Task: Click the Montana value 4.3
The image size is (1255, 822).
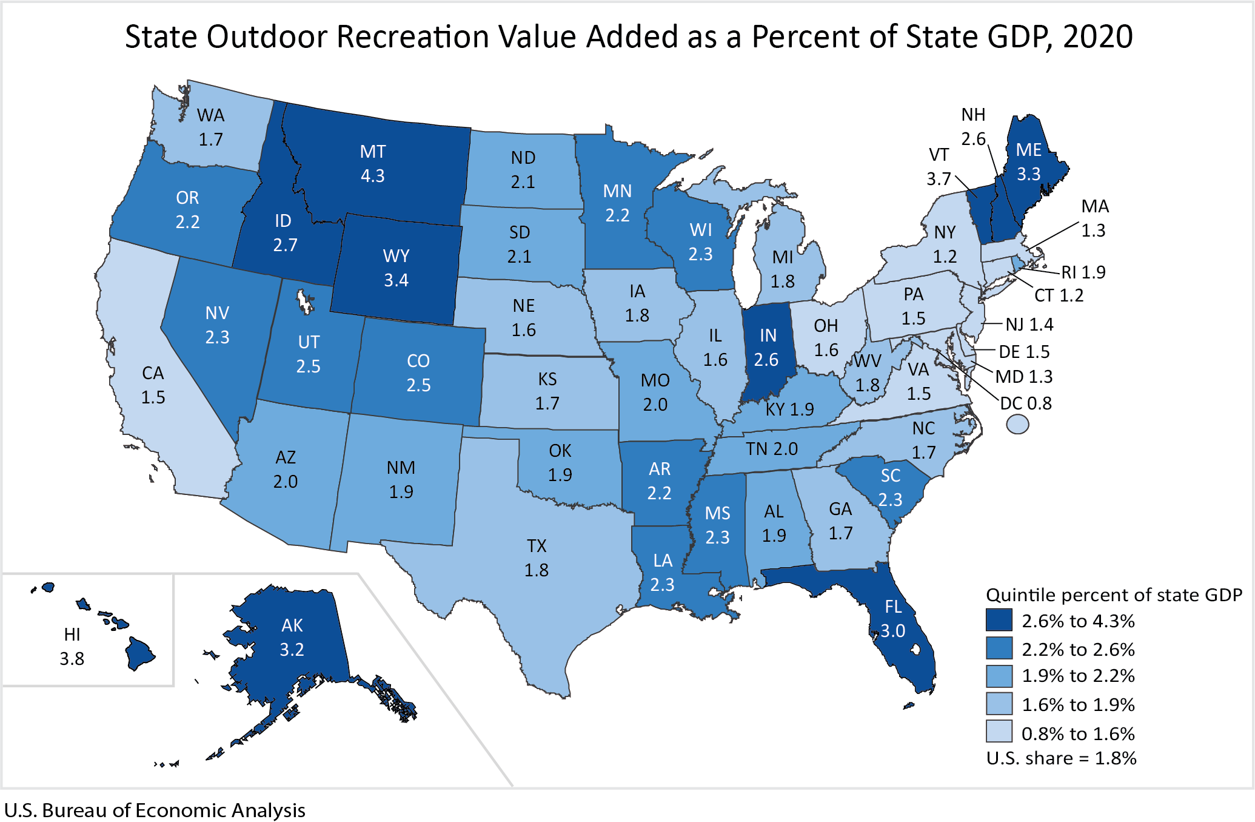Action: [372, 176]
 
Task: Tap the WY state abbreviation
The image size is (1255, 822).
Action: [396, 256]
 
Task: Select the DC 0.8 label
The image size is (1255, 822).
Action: [1026, 403]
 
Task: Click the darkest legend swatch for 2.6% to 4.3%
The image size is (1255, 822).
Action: [999, 620]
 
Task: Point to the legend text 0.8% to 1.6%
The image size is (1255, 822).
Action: [1078, 733]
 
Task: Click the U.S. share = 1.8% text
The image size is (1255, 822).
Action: [1061, 758]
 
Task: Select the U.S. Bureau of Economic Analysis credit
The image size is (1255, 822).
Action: [155, 810]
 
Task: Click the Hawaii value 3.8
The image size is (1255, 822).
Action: [72, 659]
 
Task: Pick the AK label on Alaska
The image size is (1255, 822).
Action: [292, 625]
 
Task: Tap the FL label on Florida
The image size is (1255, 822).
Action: [893, 607]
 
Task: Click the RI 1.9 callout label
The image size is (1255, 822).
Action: [1083, 272]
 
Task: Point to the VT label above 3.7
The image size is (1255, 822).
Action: [939, 155]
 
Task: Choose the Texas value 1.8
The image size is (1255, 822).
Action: [536, 570]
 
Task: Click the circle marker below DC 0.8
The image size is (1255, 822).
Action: [1017, 424]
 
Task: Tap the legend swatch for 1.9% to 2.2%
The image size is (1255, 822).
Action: [999, 676]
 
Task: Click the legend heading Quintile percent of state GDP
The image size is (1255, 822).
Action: [1114, 595]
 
